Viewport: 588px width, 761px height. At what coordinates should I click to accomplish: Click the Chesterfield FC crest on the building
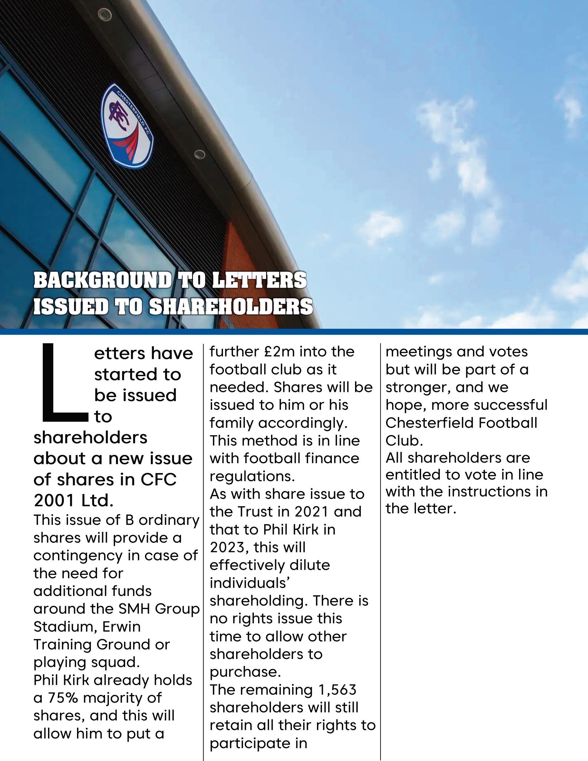(x=127, y=126)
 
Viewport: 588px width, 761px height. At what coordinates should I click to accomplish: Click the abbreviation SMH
(x=135, y=609)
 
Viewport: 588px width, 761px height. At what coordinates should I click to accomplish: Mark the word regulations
(x=252, y=476)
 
